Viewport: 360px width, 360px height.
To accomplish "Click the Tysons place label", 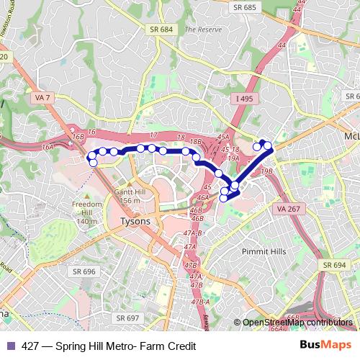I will (x=135, y=221).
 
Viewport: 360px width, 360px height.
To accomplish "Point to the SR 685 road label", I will (x=243, y=7).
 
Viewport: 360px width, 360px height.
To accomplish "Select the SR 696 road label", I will (x=84, y=271).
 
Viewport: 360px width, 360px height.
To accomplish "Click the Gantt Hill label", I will (x=129, y=193).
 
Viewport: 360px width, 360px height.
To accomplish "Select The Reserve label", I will (x=200, y=30).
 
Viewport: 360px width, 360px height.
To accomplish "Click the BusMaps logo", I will (x=327, y=344).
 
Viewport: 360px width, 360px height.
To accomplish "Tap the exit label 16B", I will (x=78, y=135).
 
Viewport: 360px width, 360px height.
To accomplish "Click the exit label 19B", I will (x=267, y=171).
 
